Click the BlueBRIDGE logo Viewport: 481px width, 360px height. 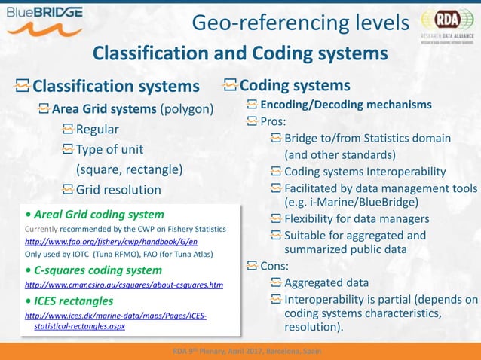[x=52, y=20]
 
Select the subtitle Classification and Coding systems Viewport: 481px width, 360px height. [x=240, y=54]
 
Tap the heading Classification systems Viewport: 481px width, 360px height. [x=116, y=87]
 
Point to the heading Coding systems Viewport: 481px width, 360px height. [x=295, y=85]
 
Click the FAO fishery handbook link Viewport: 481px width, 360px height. [x=111, y=241]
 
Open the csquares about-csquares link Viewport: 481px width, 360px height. [x=124, y=285]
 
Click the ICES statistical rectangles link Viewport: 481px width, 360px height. [x=115, y=320]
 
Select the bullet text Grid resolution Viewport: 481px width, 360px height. [x=118, y=189]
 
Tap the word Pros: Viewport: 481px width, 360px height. [x=275, y=121]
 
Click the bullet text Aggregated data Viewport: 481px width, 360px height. [x=326, y=283]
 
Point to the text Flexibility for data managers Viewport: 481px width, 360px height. [x=357, y=219]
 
